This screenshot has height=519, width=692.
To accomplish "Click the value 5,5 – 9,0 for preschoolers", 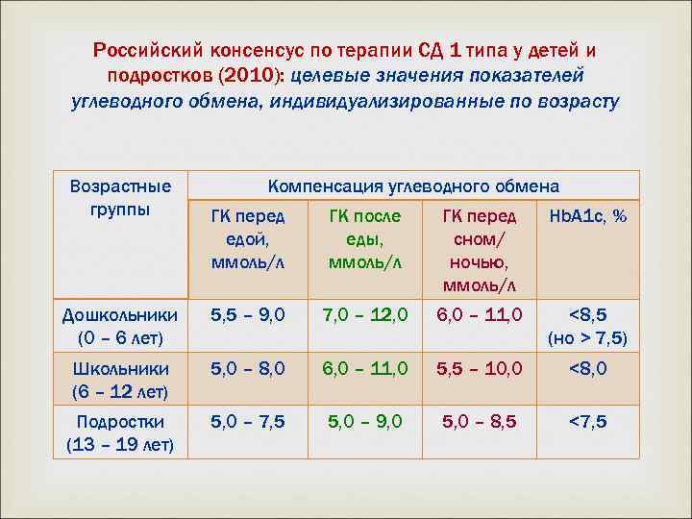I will [248, 314].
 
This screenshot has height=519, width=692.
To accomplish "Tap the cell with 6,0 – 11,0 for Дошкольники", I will [479, 314].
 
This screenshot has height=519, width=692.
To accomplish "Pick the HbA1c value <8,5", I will [587, 314].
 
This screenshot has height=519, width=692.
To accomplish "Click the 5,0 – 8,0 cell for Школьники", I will [248, 368].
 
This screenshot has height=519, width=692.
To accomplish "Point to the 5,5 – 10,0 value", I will [479, 368].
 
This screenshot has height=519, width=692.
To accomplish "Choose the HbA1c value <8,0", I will [587, 368].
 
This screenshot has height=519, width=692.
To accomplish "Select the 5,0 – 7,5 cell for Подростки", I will [248, 421].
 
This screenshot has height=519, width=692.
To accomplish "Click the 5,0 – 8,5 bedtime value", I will [479, 421].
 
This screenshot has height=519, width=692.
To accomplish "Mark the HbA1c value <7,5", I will [587, 421].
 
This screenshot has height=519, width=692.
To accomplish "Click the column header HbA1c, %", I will [587, 217].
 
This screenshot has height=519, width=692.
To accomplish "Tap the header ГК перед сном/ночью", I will [479, 250].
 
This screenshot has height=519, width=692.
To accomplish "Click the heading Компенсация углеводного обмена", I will [413, 185].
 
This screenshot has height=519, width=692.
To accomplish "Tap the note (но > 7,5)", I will [587, 338].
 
